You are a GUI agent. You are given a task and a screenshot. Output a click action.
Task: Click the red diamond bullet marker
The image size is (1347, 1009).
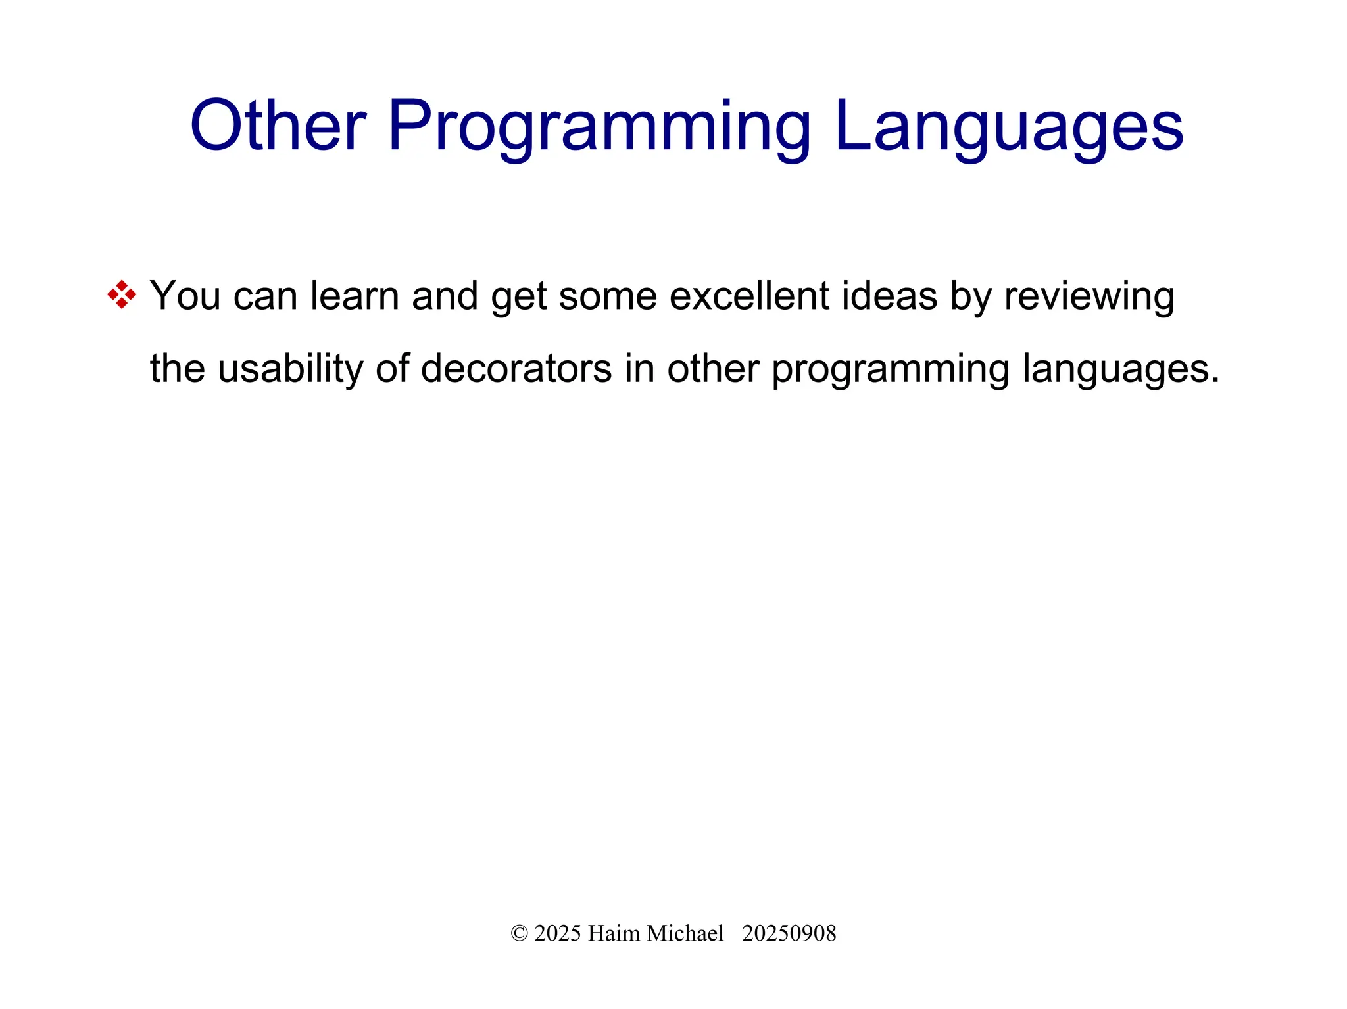(122, 294)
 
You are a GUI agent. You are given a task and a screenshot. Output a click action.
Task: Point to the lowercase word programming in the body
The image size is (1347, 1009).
(890, 369)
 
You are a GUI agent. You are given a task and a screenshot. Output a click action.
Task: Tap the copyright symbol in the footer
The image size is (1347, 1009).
(519, 933)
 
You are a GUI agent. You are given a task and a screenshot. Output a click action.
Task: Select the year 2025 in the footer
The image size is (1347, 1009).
(558, 933)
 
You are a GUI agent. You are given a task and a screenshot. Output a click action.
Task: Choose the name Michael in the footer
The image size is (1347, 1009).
(685, 933)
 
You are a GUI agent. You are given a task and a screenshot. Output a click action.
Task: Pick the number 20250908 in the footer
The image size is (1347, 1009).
(789, 933)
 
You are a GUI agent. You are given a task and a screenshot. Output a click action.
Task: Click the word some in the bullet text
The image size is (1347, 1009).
(608, 296)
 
